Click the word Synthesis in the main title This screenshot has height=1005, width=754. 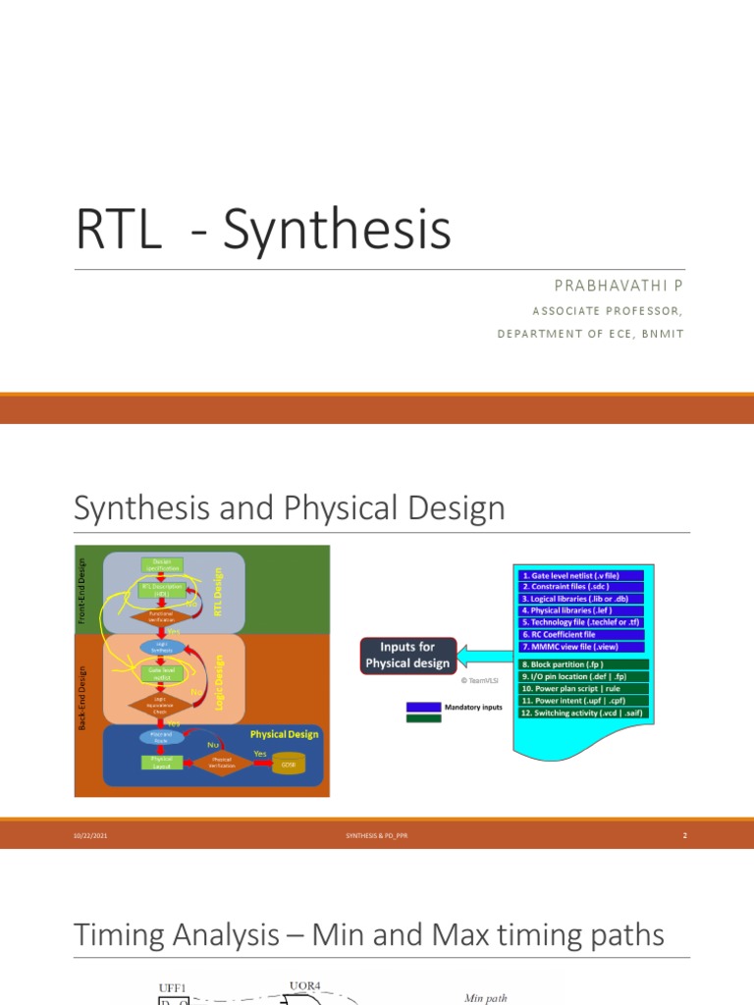click(x=337, y=231)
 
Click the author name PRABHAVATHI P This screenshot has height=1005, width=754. click(x=618, y=285)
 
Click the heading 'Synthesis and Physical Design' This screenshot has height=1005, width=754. click(x=289, y=508)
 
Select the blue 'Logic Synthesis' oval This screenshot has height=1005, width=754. click(x=163, y=648)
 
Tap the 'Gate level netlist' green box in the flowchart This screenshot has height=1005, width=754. click(x=163, y=673)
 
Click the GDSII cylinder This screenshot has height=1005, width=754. click(x=289, y=764)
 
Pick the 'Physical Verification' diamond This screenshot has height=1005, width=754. click(x=222, y=761)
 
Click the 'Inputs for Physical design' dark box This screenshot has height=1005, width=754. click(x=407, y=657)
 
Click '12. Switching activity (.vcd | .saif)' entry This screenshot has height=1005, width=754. click(x=580, y=713)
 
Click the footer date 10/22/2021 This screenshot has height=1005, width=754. click(x=86, y=836)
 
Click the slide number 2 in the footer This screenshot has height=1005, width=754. click(x=684, y=836)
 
